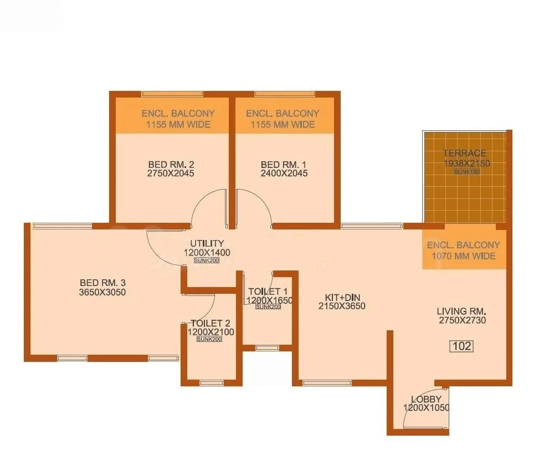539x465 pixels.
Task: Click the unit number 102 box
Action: [x=462, y=346]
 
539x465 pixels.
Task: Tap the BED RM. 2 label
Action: [x=171, y=164]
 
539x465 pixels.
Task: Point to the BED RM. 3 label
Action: [x=102, y=283]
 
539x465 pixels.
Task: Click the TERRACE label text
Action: [x=464, y=154]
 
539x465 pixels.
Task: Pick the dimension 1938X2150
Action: [x=466, y=163]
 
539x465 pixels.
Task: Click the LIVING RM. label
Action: [x=462, y=311]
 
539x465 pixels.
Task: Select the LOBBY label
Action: [x=426, y=399]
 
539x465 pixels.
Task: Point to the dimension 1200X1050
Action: [x=426, y=408]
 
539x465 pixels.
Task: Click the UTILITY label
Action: [x=207, y=243]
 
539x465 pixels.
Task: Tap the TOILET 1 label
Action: [x=268, y=292]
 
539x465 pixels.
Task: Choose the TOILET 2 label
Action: [x=210, y=323]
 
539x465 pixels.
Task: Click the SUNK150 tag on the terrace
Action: [x=466, y=172]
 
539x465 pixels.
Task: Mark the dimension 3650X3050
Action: [x=102, y=292]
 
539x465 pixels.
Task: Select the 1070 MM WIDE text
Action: [x=464, y=256]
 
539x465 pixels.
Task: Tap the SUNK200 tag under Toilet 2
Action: [x=209, y=339]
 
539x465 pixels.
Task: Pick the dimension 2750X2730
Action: [x=462, y=320]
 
